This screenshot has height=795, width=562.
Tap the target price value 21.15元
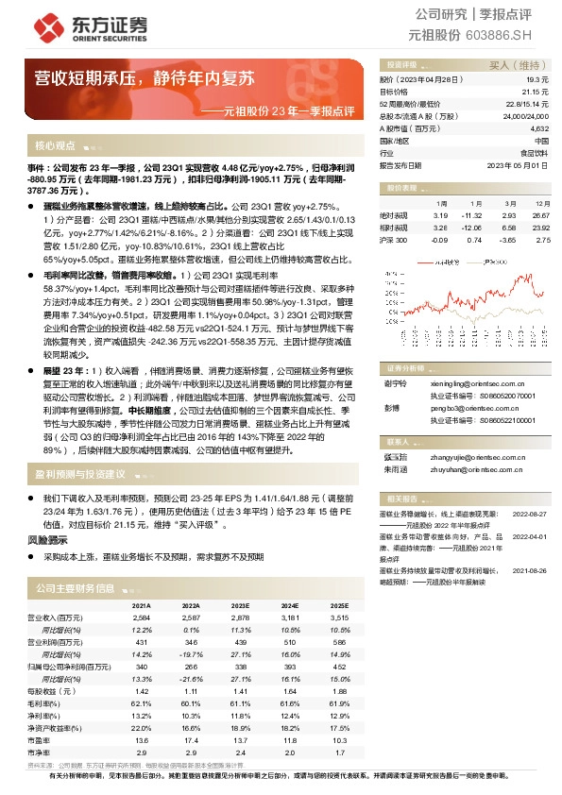(x=536, y=93)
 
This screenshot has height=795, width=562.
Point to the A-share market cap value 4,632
(x=538, y=128)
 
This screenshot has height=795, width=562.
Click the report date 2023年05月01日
(x=519, y=164)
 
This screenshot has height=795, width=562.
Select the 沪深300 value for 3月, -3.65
(x=508, y=240)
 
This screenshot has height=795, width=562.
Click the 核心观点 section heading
(x=55, y=146)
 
